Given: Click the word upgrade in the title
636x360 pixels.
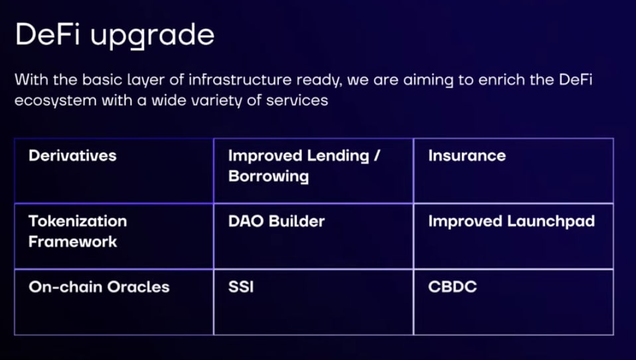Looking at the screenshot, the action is coord(152,37).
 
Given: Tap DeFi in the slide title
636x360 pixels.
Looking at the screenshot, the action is coord(47,34).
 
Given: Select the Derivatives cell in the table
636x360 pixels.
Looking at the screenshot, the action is coord(114,171).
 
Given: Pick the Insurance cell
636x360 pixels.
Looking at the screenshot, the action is coord(513,171).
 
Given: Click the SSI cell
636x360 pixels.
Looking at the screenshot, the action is coord(313,302).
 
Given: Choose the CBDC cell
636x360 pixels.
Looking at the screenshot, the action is coord(513,302).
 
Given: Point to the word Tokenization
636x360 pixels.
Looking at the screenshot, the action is coord(78,221).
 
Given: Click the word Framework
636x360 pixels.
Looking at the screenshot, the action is coord(73,242).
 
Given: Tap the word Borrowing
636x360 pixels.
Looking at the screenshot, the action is coord(268,177).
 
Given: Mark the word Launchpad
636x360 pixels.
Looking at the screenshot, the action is coord(551,222).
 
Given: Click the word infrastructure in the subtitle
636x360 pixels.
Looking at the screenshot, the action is coord(240,79).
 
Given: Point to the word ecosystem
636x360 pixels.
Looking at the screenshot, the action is coord(56,101).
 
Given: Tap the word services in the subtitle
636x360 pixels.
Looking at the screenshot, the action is coord(297,100).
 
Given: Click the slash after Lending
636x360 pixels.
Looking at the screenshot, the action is coord(377,156).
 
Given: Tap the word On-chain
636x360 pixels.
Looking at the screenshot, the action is coord(66,287).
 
